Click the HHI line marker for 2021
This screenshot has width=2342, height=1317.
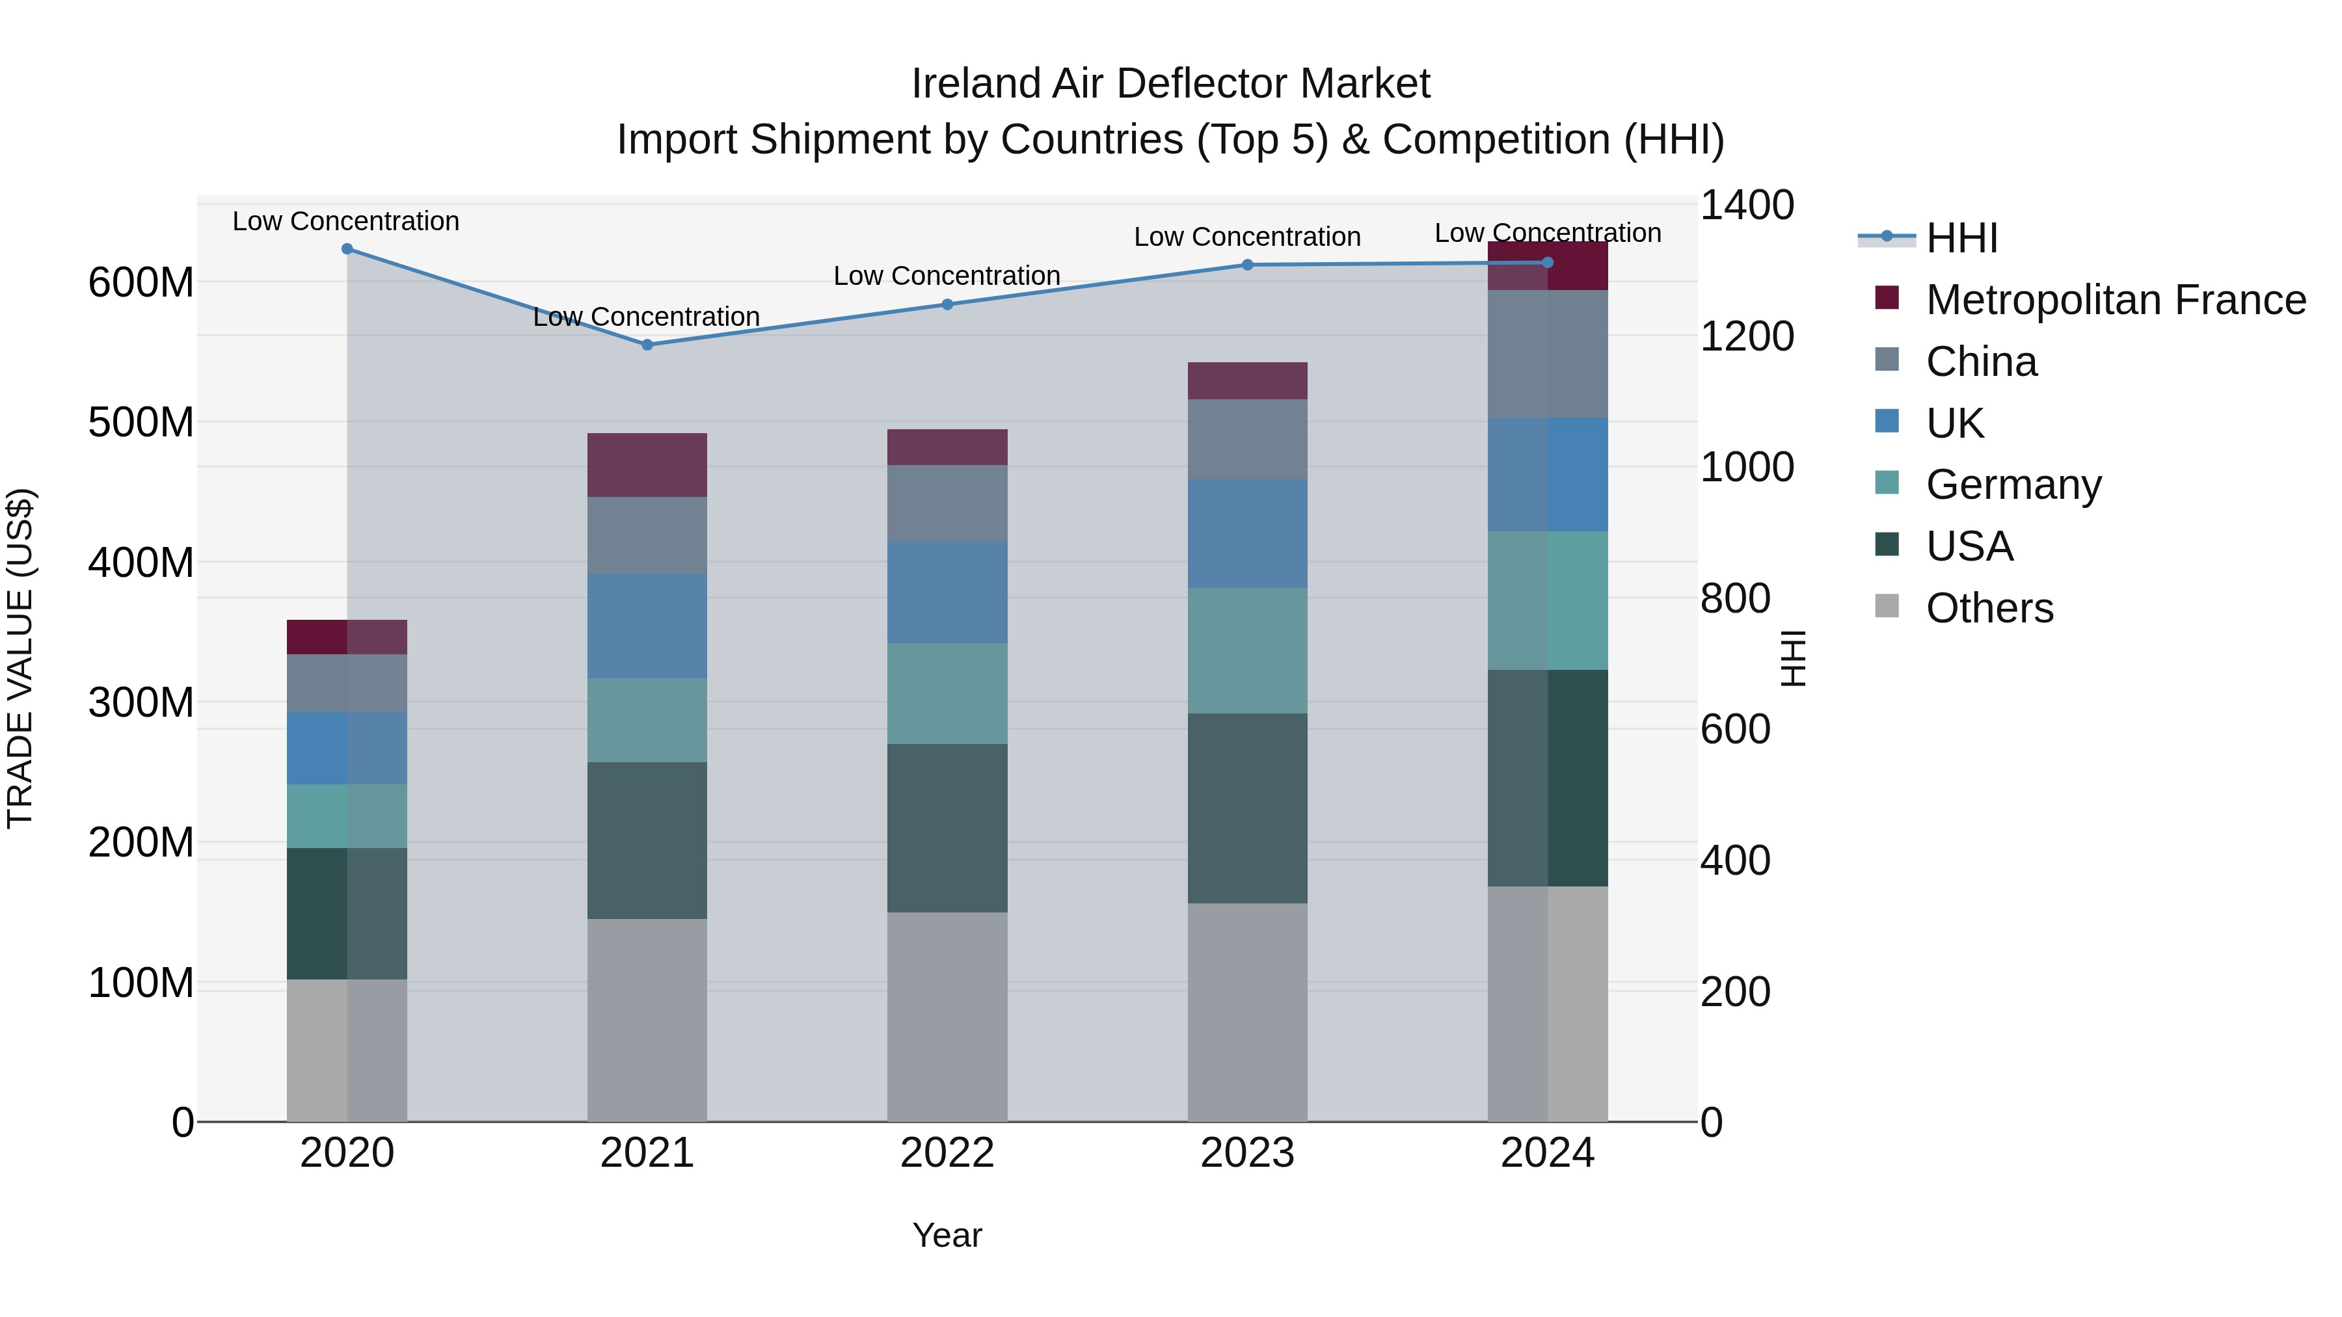[647, 345]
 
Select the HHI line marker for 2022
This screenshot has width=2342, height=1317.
[947, 304]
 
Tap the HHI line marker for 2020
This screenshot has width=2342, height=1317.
[347, 249]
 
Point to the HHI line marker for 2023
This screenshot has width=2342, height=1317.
[1247, 265]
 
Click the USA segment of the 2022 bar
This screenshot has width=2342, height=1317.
[947, 828]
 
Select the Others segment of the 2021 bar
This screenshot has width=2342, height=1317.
[647, 1020]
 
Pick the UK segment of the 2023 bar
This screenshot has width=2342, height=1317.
[1247, 533]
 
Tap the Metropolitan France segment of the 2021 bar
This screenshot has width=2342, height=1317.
[647, 464]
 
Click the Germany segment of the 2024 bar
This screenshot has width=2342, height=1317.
[1548, 601]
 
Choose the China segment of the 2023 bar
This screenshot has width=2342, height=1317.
[1247, 439]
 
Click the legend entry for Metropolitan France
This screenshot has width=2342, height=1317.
[2115, 300]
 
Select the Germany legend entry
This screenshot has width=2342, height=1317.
[2013, 485]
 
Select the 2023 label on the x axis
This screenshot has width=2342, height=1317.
[1247, 1153]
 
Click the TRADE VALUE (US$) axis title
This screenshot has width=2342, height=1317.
[21, 658]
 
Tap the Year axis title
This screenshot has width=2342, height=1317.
[947, 1235]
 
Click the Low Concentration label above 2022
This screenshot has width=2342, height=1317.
[947, 275]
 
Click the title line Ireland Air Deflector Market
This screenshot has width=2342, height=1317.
[1170, 84]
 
